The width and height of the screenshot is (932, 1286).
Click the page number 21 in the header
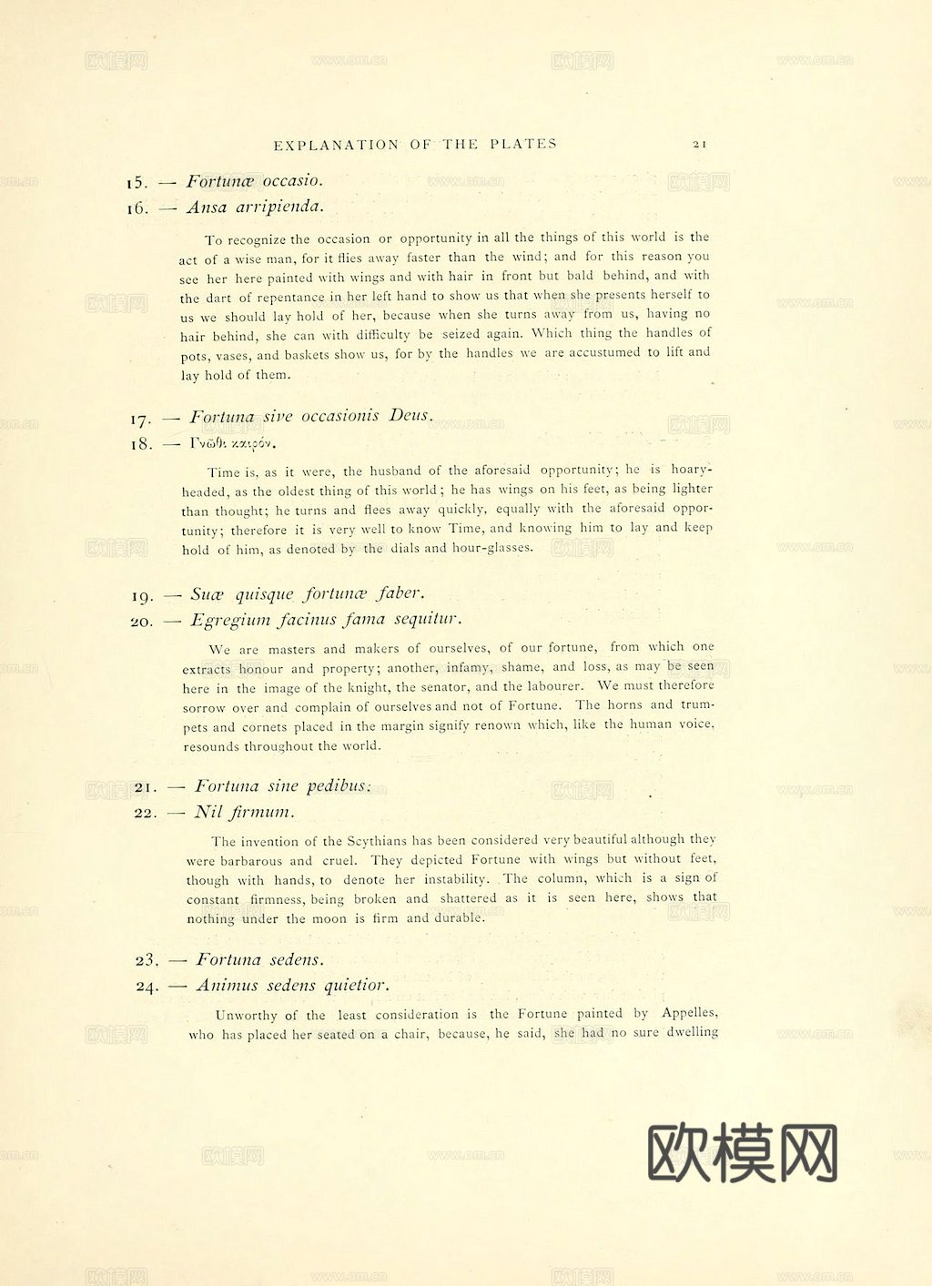tap(699, 144)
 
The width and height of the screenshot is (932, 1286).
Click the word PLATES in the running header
tap(523, 144)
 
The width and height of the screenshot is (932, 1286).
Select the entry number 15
tap(137, 183)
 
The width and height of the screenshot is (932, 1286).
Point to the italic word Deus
tap(410, 416)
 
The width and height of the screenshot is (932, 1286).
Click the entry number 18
tap(141, 444)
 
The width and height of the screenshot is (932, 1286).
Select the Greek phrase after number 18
tap(233, 443)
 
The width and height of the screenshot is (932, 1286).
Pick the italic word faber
tap(400, 593)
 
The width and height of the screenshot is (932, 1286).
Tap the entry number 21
tap(146, 787)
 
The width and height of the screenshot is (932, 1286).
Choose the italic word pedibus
tap(338, 786)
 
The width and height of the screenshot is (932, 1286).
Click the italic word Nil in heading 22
tap(208, 812)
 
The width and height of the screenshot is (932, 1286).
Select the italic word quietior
tap(357, 986)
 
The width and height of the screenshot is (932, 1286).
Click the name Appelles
tap(689, 1013)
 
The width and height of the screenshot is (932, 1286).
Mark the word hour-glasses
tap(492, 548)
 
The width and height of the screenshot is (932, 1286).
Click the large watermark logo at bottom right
tap(742, 1152)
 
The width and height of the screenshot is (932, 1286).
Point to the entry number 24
tap(147, 987)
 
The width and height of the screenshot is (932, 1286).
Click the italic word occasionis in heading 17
tap(339, 416)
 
